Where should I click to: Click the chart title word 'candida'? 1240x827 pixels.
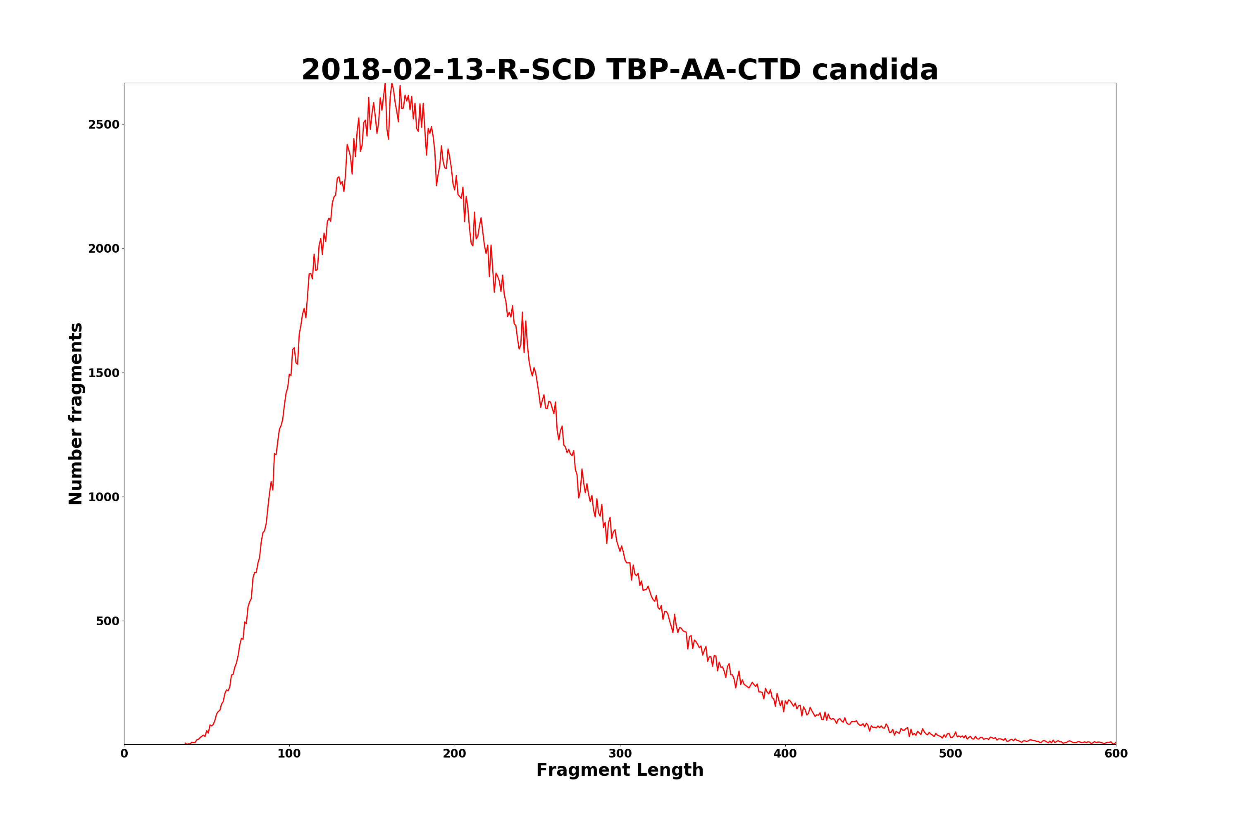pyautogui.click(x=875, y=70)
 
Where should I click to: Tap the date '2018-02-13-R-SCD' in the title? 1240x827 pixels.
pyautogui.click(x=448, y=70)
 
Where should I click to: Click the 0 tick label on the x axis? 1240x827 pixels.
pyautogui.click(x=124, y=754)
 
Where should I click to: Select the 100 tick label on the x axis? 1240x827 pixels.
pyautogui.click(x=289, y=754)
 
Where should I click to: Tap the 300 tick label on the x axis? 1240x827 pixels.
pyautogui.click(x=620, y=754)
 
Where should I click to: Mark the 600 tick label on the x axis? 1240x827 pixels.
pyautogui.click(x=1116, y=754)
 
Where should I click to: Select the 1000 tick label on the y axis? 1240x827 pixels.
pyautogui.click(x=104, y=497)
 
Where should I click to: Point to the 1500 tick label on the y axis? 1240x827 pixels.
pyautogui.click(x=104, y=373)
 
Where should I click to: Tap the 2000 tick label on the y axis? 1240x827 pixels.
pyautogui.click(x=104, y=249)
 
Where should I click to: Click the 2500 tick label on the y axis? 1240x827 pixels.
pyautogui.click(x=104, y=124)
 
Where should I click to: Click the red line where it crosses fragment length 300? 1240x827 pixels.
pyautogui.click(x=620, y=551)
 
